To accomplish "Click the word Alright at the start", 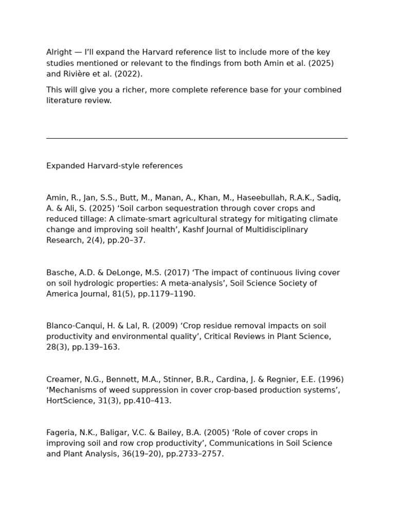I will [x=59, y=52].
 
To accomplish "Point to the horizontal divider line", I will [x=196, y=138].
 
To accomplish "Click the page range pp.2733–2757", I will [x=195, y=454].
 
